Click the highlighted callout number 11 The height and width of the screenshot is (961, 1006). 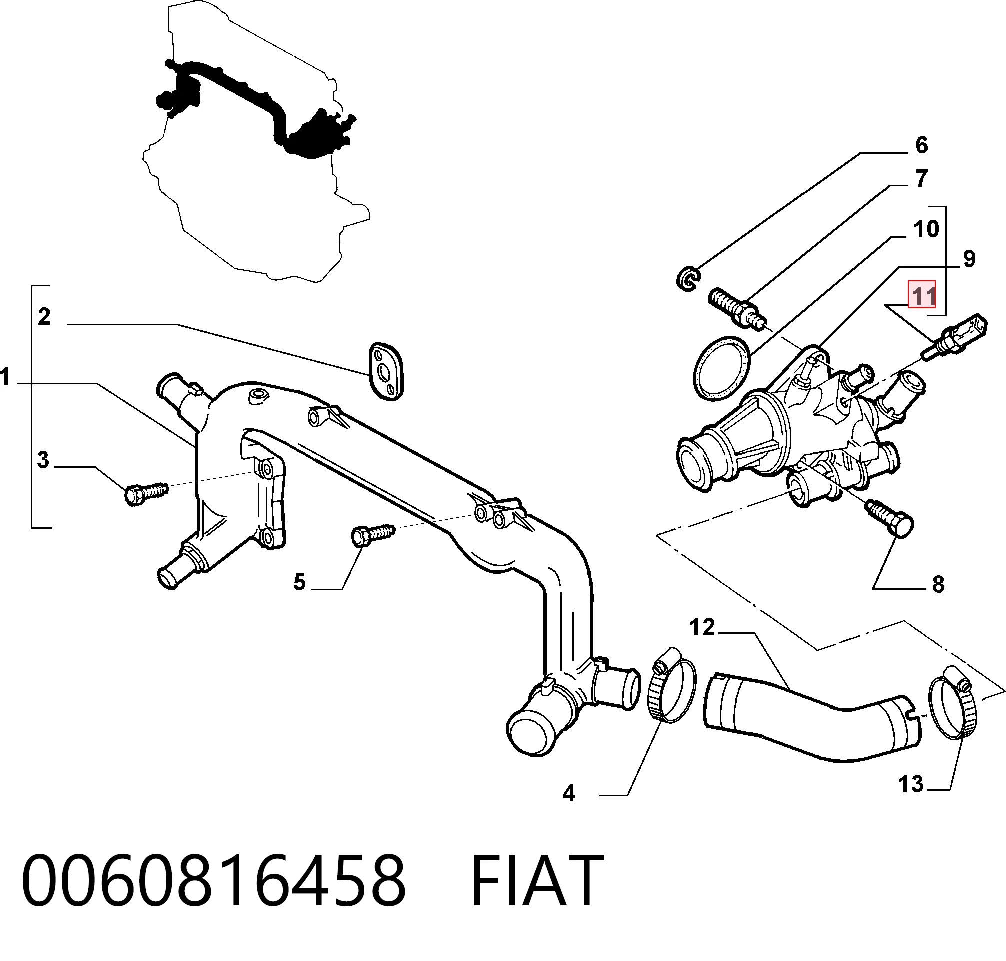click(x=922, y=295)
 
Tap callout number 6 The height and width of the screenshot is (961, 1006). click(x=922, y=145)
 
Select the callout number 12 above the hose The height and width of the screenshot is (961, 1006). click(x=702, y=627)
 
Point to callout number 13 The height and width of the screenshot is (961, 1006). click(x=911, y=784)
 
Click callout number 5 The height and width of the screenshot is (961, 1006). click(x=300, y=582)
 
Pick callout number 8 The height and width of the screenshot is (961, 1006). click(x=938, y=584)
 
